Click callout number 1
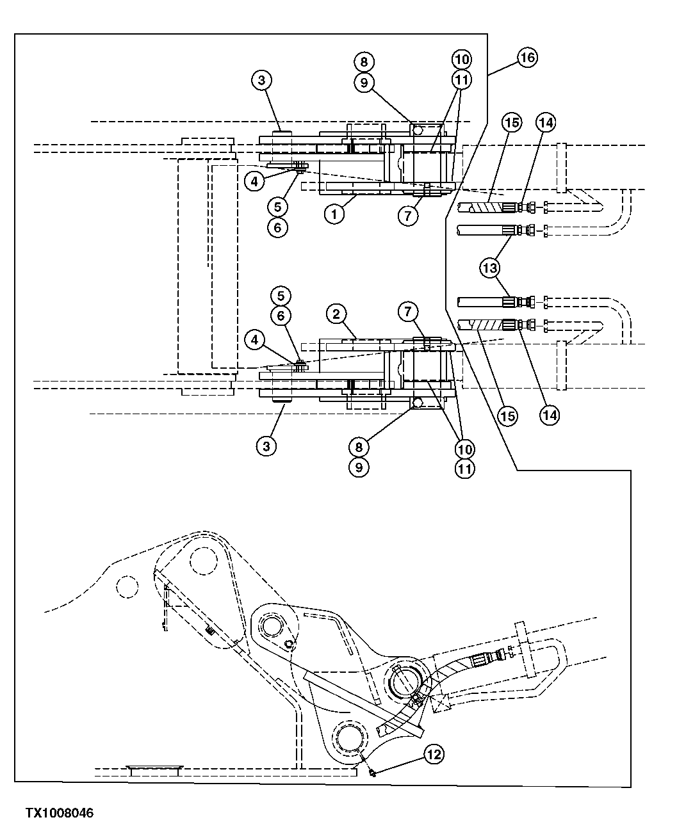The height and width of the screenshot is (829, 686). (334, 214)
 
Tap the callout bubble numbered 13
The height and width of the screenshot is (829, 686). (490, 268)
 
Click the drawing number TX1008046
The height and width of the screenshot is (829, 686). (60, 813)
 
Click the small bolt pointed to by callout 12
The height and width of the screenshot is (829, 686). (372, 773)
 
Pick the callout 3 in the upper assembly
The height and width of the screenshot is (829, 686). (261, 81)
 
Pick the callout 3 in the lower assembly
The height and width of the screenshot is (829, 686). (266, 445)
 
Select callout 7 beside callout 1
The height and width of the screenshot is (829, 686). (409, 215)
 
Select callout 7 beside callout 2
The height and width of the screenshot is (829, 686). (408, 312)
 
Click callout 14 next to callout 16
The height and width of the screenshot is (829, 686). (546, 122)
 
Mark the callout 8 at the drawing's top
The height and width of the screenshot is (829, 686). (364, 61)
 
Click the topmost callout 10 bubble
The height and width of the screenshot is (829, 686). (461, 59)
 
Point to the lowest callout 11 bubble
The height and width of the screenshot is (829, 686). (465, 468)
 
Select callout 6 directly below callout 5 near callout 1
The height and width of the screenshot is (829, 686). (277, 227)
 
